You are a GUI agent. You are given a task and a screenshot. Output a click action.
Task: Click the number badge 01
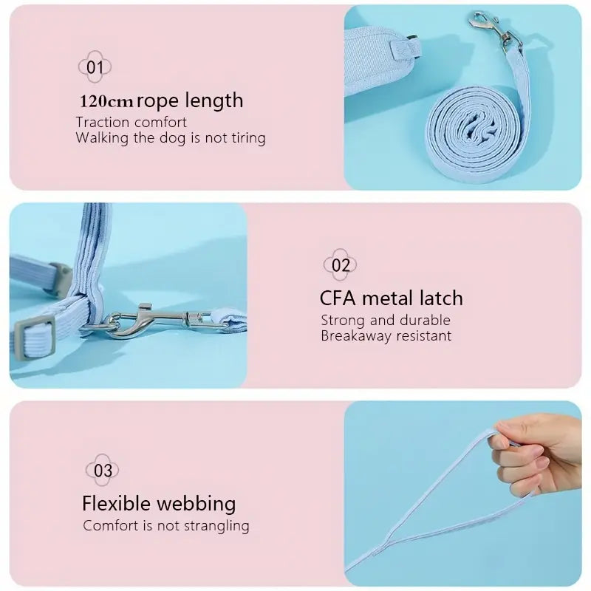tap(95, 66)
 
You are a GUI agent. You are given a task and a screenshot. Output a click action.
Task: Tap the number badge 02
tap(340, 264)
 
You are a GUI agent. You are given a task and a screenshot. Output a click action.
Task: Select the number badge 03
tap(102, 470)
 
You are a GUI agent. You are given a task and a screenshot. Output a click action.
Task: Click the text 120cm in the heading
tap(106, 101)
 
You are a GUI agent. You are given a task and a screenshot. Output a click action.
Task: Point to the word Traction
tap(103, 122)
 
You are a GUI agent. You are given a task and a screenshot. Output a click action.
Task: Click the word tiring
tap(248, 138)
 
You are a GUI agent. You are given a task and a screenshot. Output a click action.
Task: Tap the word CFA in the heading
tap(338, 298)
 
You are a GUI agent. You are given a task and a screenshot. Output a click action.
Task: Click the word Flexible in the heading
tap(116, 503)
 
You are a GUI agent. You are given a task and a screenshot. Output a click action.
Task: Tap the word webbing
tap(196, 504)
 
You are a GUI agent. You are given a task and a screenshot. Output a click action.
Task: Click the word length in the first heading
tap(213, 101)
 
